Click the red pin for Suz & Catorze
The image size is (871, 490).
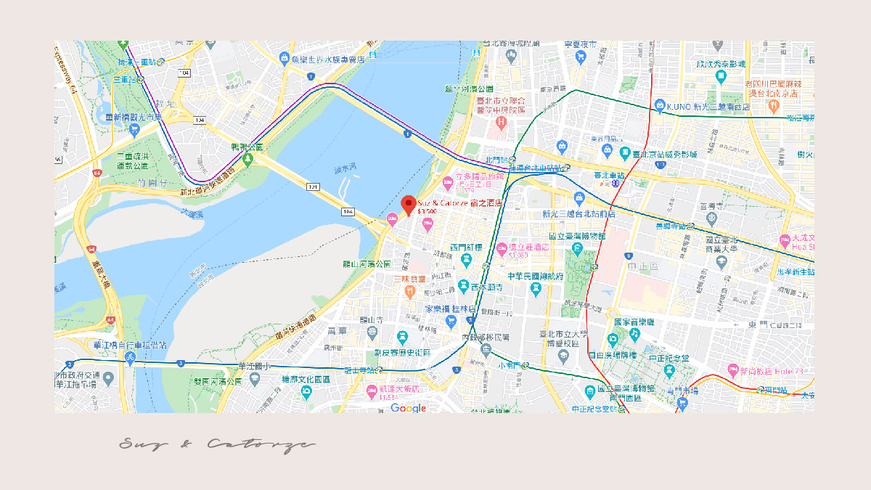point(408,205)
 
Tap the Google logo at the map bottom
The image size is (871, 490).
point(408,409)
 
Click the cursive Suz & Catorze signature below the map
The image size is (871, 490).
point(217,444)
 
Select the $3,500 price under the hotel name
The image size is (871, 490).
point(428,212)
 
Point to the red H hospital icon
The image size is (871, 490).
point(500,121)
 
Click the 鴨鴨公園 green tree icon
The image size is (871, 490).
point(249,158)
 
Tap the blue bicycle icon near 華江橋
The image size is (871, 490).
point(131,358)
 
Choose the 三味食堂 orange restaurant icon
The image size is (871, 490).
point(409,290)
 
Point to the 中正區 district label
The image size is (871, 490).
point(645,266)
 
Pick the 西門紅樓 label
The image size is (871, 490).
point(466,248)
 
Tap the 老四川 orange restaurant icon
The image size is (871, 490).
point(774,105)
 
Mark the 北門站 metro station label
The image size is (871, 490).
point(496,159)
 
